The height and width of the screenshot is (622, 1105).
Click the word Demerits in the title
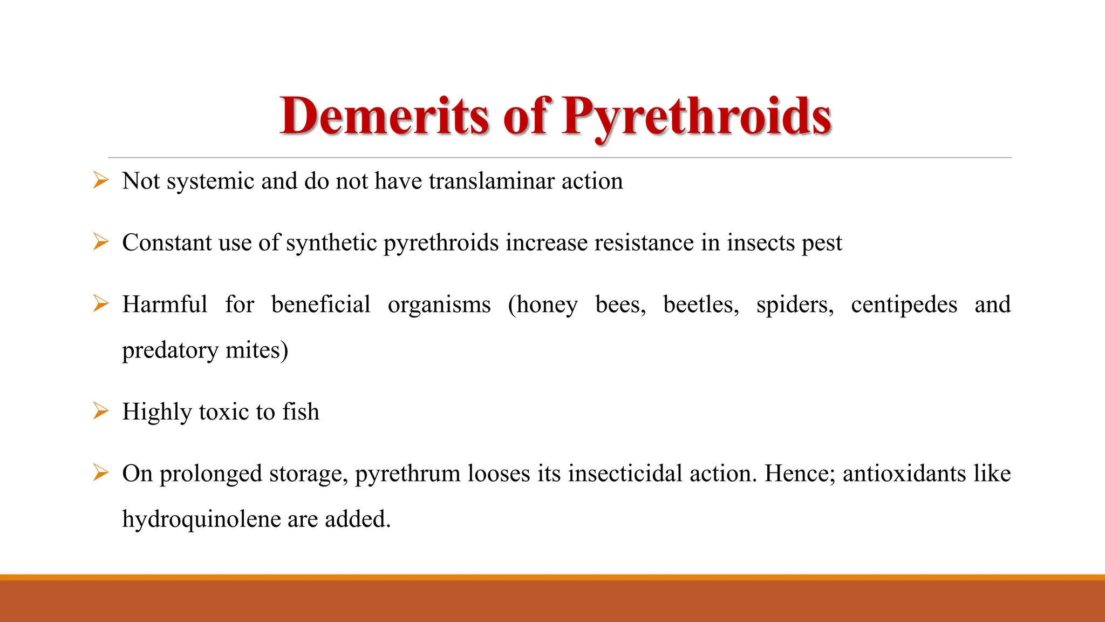coord(385,116)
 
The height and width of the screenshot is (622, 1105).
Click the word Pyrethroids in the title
coord(696,116)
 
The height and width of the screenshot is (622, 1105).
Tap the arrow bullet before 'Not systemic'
coord(100,180)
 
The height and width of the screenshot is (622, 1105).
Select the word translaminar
coord(492,181)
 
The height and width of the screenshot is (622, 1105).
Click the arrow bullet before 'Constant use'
coord(100,241)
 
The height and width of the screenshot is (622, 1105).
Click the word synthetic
coord(331,242)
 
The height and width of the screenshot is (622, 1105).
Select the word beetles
coord(700,305)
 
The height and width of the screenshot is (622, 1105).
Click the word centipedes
coord(904,305)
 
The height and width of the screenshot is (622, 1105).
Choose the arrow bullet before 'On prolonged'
coord(100,472)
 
